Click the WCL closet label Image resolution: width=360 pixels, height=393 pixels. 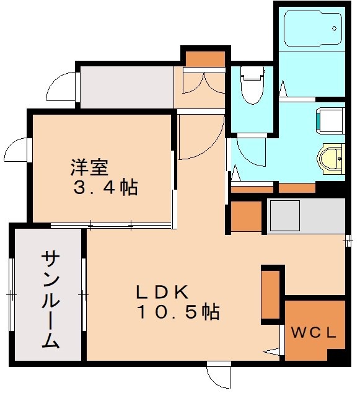(x=314, y=332)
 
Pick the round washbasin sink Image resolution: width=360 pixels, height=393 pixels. (x=330, y=157)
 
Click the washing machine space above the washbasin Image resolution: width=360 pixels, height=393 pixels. (x=330, y=120)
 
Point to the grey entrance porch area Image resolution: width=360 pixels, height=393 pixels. (x=126, y=87)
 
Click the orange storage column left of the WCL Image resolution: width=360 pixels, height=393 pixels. (x=271, y=293)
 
